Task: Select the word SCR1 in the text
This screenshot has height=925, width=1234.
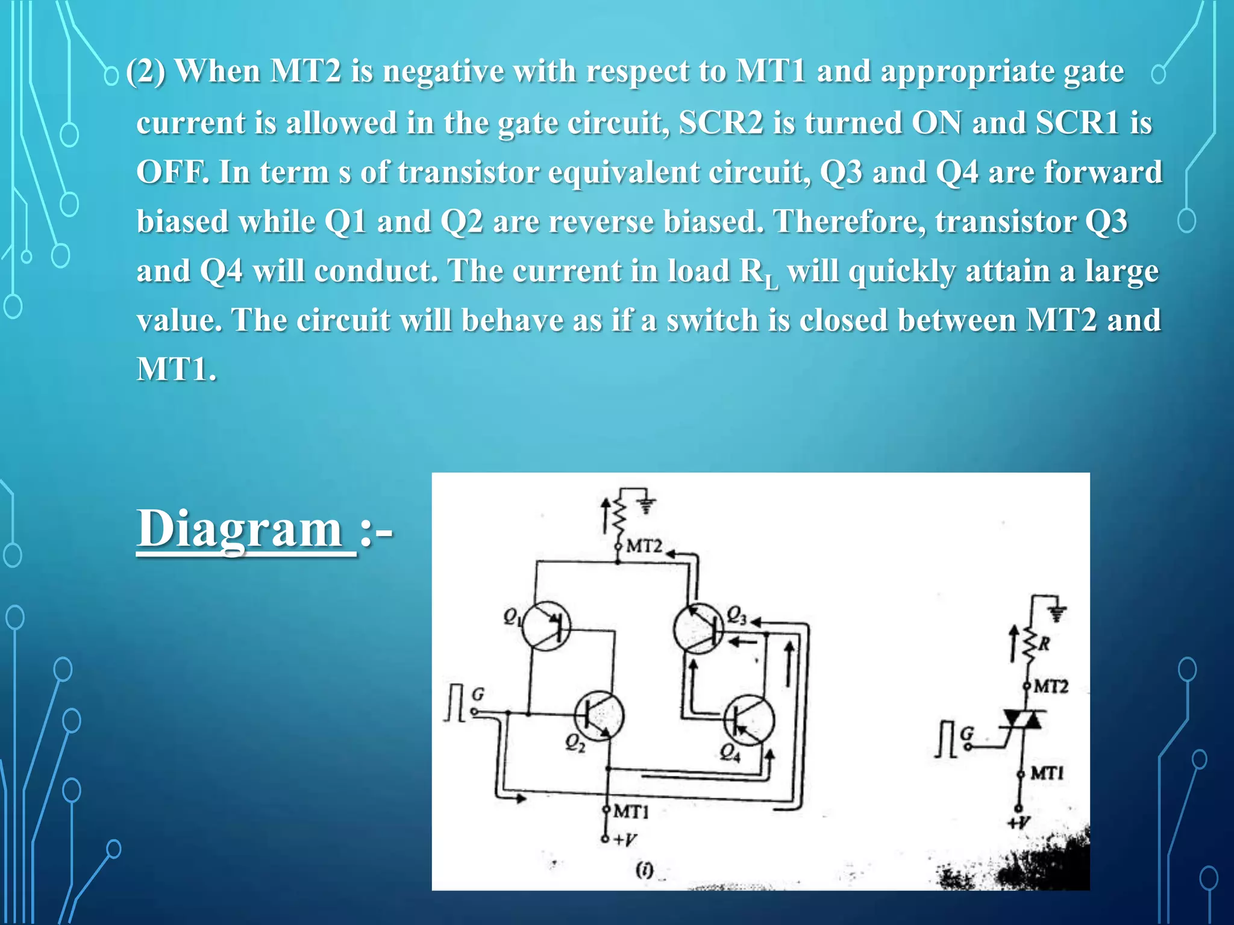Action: click(x=1077, y=123)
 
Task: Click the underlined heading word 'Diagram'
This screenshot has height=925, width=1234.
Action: click(x=240, y=528)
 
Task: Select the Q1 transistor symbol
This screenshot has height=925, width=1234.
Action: click(x=546, y=626)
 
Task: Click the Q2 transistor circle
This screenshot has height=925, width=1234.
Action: click(x=599, y=715)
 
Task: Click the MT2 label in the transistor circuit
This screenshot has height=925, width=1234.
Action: click(x=644, y=546)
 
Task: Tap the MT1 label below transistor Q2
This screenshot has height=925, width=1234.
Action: click(x=631, y=812)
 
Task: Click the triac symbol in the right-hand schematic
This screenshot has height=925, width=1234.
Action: click(x=1021, y=719)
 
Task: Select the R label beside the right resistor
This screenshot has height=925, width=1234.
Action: click(x=1044, y=644)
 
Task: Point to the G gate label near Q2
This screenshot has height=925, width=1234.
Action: click(x=478, y=695)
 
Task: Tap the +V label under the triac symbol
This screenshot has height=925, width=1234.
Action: click(x=1019, y=823)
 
